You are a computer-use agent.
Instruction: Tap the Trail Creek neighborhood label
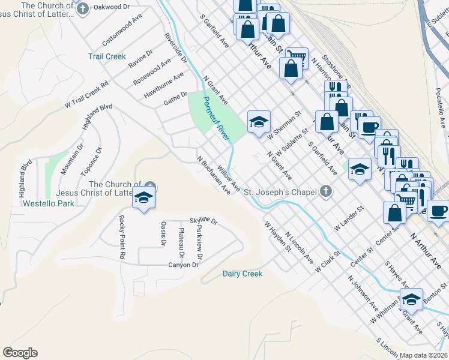107,56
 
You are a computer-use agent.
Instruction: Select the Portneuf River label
217,119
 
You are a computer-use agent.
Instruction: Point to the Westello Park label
48,203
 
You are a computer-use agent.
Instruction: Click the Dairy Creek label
243,274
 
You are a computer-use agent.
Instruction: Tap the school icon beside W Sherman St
259,122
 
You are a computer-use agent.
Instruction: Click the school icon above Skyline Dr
143,197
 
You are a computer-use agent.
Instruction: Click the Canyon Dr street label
183,265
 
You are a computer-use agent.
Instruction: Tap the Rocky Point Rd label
122,237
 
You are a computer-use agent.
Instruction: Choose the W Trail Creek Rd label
86,93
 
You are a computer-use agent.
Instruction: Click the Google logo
20,353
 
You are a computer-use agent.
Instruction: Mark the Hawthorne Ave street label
164,86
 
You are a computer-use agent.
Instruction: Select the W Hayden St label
277,235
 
